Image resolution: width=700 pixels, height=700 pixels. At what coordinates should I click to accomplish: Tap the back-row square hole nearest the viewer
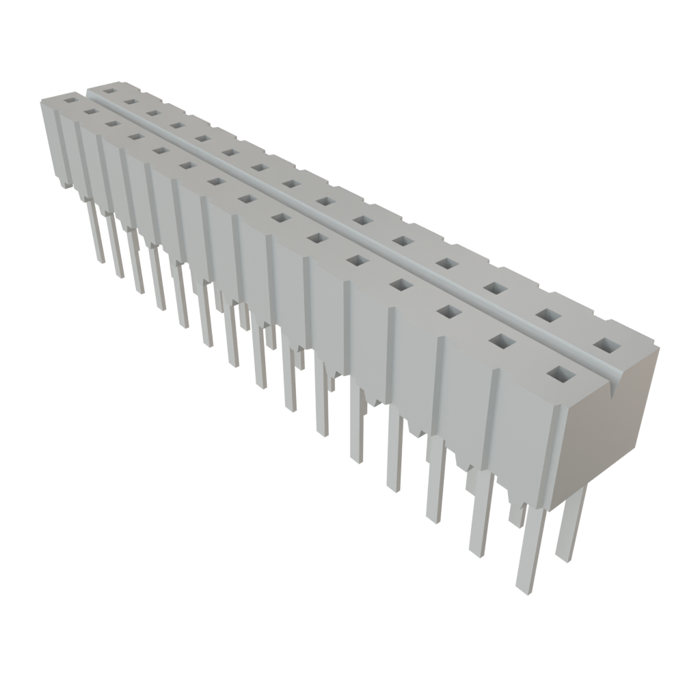click(x=606, y=345)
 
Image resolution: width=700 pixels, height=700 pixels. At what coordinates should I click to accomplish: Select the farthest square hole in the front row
click(x=70, y=100)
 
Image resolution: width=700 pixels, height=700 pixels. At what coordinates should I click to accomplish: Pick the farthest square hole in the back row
click(x=109, y=90)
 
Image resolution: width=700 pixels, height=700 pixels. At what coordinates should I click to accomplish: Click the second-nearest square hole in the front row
click(x=502, y=341)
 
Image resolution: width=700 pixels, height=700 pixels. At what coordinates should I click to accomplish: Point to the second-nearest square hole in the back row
click(x=547, y=314)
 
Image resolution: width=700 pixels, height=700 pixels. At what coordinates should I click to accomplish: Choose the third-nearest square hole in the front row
click(x=448, y=312)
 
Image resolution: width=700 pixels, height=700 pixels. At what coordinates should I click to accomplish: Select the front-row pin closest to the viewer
click(x=530, y=547)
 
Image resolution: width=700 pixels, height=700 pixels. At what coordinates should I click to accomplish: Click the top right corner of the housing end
click(x=660, y=348)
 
